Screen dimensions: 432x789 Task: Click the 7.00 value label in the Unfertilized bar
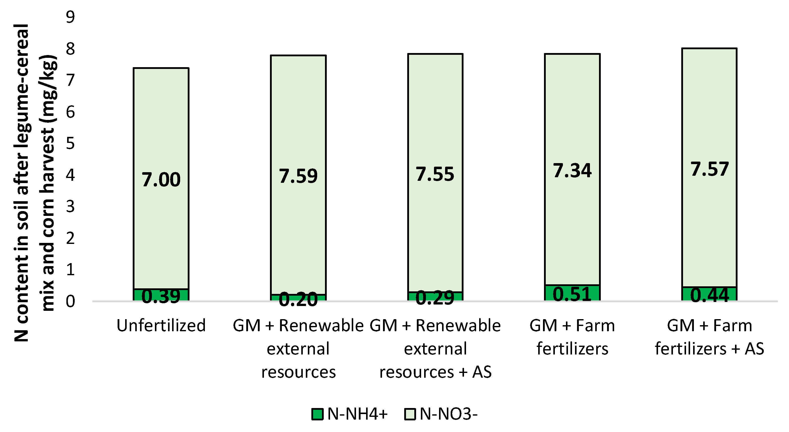(x=161, y=180)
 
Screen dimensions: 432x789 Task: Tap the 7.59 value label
(x=298, y=176)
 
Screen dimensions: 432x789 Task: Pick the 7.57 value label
(x=709, y=169)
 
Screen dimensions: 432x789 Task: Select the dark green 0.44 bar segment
(x=709, y=294)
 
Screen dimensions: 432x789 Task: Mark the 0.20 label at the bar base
(x=298, y=300)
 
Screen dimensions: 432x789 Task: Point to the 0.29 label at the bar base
(x=435, y=298)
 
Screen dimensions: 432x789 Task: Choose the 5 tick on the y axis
(x=70, y=143)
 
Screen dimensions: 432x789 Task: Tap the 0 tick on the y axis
(x=70, y=301)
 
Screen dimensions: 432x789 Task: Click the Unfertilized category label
(x=161, y=326)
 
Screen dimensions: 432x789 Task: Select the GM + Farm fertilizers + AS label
(x=709, y=337)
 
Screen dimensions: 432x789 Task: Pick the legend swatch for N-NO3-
(x=410, y=414)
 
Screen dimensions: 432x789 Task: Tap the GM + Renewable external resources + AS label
(x=435, y=349)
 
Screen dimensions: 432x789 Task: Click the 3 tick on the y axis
(x=70, y=207)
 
